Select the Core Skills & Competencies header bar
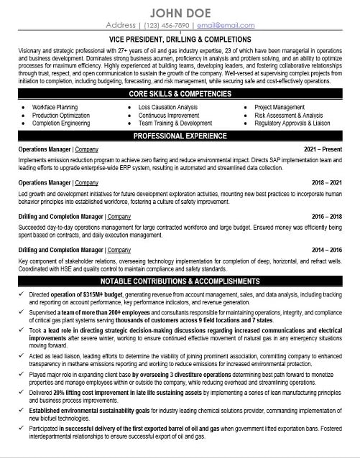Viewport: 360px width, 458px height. (x=180, y=95)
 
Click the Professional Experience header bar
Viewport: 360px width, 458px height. (x=180, y=136)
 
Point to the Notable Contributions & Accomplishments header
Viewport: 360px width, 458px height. (x=180, y=281)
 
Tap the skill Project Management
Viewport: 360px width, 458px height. (x=280, y=106)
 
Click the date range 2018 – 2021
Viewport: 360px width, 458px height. (x=330, y=183)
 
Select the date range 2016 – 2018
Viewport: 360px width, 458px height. (x=330, y=215)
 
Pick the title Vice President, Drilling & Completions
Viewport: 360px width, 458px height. (x=180, y=39)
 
